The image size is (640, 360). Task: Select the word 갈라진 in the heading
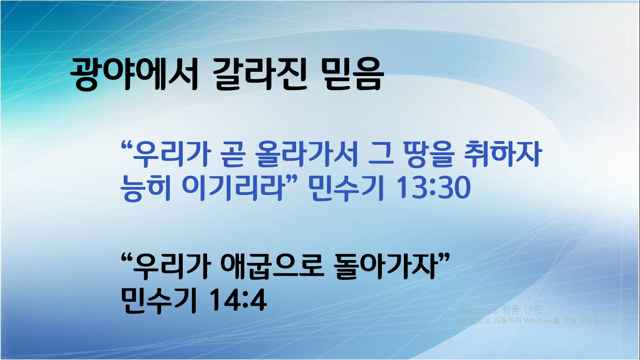(x=260, y=75)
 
